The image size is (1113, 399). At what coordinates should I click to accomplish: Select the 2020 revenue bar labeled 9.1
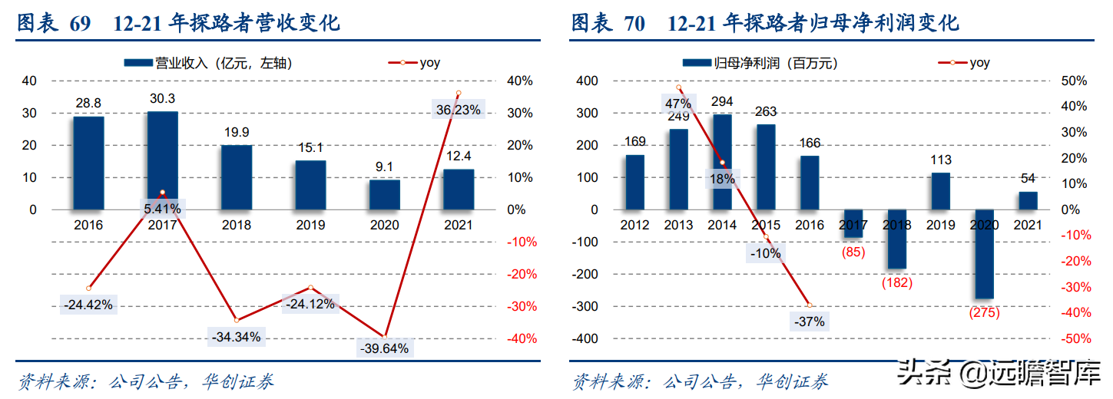coord(384,194)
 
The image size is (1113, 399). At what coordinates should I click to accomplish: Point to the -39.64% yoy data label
coord(385,348)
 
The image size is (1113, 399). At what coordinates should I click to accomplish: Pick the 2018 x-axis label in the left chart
coord(236,225)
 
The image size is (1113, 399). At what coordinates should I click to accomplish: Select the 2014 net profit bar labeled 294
coord(722,161)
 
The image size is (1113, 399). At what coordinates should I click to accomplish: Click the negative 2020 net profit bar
coord(984,254)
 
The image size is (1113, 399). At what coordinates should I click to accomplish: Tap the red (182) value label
coord(896,282)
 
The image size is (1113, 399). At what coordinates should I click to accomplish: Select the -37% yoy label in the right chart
coord(808,322)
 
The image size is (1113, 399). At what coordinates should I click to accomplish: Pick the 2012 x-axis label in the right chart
coord(634,225)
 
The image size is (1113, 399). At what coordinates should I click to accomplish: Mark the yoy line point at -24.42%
coord(88,289)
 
